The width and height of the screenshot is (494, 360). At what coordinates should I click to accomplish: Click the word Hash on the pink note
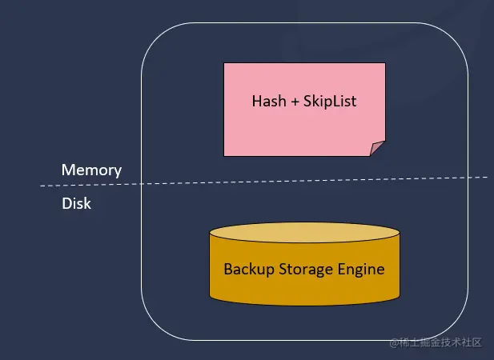(x=268, y=102)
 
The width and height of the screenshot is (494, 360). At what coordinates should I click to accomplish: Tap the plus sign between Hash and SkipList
(x=294, y=102)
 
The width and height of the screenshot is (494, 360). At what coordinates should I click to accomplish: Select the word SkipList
(x=331, y=102)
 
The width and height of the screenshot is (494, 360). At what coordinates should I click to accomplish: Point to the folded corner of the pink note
(x=378, y=149)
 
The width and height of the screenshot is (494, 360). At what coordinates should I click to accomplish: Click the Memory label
(x=91, y=170)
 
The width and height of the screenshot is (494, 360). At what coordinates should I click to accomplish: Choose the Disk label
(x=76, y=203)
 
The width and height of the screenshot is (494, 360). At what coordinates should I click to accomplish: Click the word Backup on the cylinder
(x=247, y=269)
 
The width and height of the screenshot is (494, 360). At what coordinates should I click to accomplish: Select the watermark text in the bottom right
(x=436, y=342)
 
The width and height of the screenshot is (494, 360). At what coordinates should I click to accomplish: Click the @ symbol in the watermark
(x=394, y=342)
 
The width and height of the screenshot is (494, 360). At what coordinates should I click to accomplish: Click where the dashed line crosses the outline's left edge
(x=142, y=183)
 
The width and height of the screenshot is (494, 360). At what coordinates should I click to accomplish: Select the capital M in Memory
(x=68, y=170)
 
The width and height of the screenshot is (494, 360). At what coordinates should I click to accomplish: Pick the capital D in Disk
(x=66, y=203)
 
